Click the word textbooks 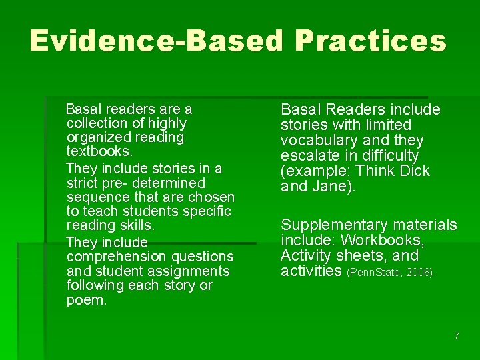94,152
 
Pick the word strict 83,183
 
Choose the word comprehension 113,257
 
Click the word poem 86,300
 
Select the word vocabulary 319,141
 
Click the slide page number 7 456,336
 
